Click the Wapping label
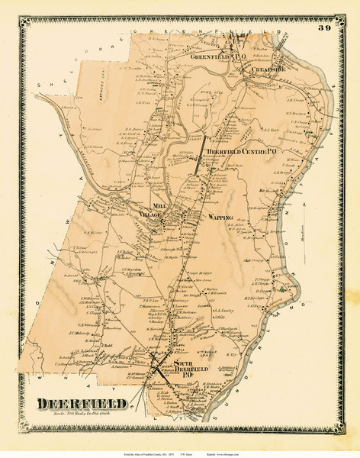point(220,218)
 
